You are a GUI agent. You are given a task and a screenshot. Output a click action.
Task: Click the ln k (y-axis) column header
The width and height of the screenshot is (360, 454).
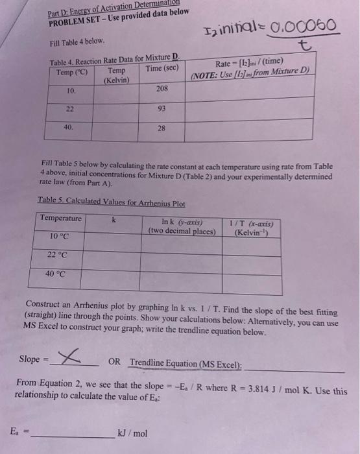pos(182,226)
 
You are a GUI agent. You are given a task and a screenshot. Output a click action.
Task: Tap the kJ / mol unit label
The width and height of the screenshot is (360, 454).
pos(132,433)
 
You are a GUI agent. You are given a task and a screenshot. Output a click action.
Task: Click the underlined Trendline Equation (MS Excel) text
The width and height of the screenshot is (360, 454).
pos(186,363)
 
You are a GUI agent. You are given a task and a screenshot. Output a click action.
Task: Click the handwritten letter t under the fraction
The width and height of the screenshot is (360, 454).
pos(301,44)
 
